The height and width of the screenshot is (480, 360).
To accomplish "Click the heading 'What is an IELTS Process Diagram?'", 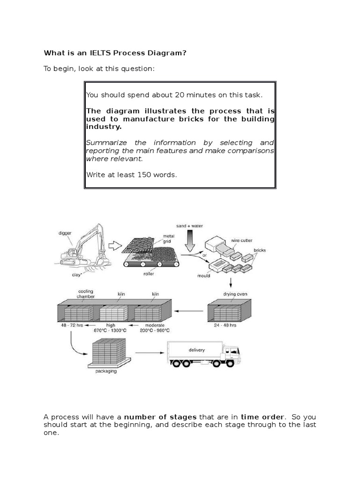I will click(115, 53).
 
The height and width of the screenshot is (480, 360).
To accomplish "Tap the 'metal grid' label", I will click(168, 239).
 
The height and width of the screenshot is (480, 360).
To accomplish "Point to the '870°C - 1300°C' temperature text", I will click(110, 330).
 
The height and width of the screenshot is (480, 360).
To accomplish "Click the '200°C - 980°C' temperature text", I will click(155, 330).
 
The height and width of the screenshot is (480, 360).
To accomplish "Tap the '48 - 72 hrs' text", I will click(69, 324).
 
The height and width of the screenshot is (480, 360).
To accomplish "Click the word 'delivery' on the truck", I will click(196, 350).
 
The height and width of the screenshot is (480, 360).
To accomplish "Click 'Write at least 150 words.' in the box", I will click(131, 175).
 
